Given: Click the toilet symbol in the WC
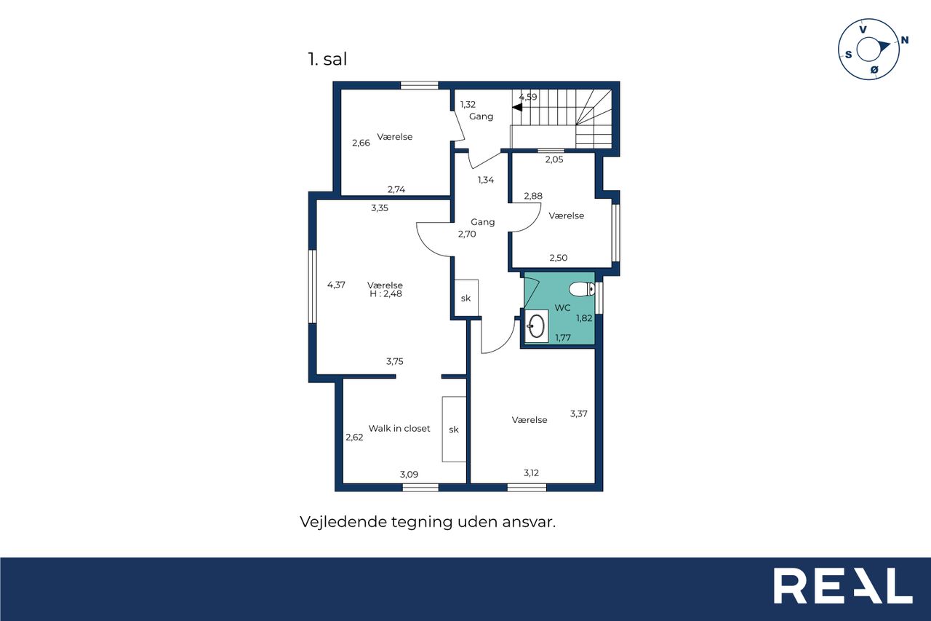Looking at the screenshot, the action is coord(581,289).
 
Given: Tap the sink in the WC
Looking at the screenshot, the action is coord(536,326).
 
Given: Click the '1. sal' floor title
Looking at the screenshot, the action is coord(327,59).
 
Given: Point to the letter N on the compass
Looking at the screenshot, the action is coord(904,40).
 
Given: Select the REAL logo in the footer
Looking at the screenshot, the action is coord(843,585).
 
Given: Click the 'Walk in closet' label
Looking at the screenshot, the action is coord(399,428).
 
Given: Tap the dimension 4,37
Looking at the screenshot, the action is coord(336,285).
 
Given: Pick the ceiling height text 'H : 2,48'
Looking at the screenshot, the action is coord(385,293).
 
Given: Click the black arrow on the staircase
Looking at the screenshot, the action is coord(517,107).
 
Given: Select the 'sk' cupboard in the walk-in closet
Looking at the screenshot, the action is coord(454,430).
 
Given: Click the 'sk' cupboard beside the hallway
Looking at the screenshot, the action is coord(466,298).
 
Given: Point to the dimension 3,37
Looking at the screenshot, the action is coord(578,414).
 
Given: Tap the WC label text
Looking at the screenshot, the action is coord(562,308).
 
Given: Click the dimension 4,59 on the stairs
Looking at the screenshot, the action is coord(528,97).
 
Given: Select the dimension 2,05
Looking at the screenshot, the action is coord(554,159).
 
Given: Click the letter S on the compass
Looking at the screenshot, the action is coord(848,55).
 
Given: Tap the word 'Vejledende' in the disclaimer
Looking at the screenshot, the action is coord(343,522).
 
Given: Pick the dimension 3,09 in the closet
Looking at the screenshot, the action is coord(409,474).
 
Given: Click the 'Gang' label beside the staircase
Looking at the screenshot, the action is coord(482,116).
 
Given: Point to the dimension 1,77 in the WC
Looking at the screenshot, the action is coord(563,338).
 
